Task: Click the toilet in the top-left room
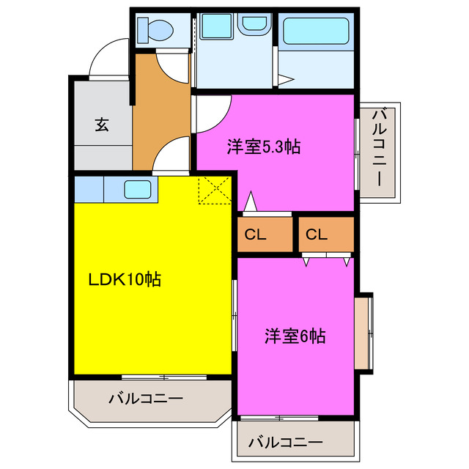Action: coord(158,32)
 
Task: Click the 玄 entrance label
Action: coord(101,124)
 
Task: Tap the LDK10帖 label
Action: coord(125,279)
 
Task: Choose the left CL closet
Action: coord(256,235)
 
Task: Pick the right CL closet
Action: coord(316,235)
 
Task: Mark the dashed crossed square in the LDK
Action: coord(215,189)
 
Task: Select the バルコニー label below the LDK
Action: coord(146,399)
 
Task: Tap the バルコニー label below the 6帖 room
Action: coord(285,443)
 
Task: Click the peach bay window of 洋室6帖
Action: coord(364,333)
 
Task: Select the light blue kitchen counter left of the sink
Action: coord(89,190)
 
